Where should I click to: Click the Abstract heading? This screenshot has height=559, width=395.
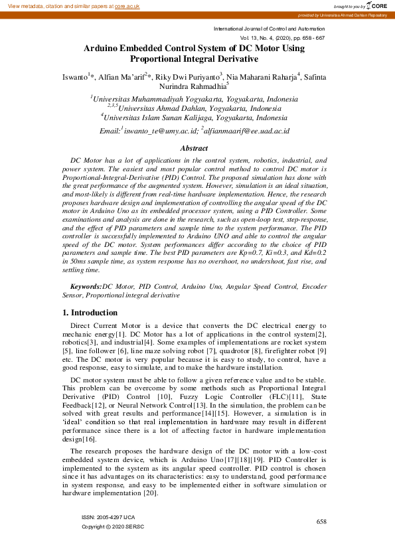point(195,149)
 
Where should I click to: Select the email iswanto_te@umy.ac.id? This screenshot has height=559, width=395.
point(159,131)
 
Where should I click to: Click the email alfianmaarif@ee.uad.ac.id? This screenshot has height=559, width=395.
point(249,131)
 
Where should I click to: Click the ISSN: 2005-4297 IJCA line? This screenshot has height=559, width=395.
point(108,517)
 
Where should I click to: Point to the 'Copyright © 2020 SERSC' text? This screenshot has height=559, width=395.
point(112,526)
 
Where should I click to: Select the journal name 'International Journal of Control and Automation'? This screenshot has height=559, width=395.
point(269,29)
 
